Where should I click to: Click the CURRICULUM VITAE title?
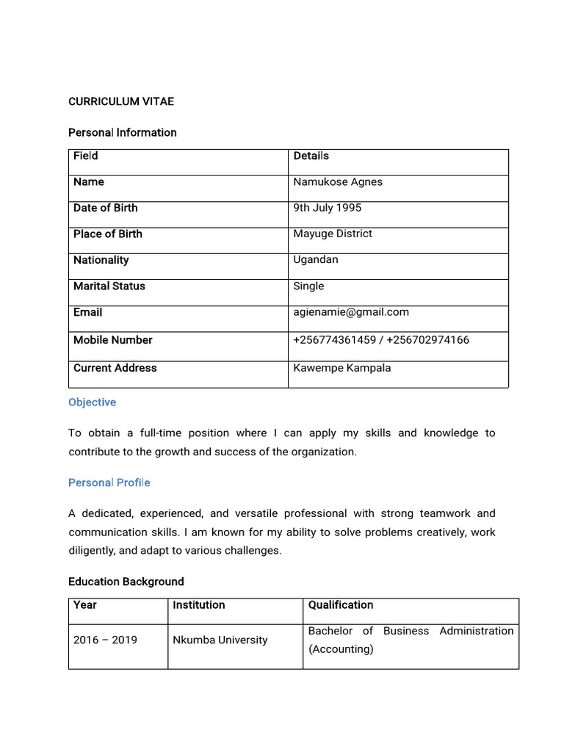point(121,101)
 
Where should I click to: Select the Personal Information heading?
point(123,132)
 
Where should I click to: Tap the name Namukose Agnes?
point(338,181)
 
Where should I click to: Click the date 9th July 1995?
point(328,208)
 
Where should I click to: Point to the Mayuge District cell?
point(333,234)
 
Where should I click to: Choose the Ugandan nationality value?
point(316,259)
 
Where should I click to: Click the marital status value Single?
point(308,286)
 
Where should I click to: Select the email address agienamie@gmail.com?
point(351,312)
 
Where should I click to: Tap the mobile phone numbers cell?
point(381,340)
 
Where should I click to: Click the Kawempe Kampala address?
point(342,368)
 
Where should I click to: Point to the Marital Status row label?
point(109,286)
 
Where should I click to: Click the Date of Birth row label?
point(106,208)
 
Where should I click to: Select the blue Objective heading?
point(93,402)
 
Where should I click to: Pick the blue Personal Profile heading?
point(109,482)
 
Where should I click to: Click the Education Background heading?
point(126,582)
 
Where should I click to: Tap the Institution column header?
point(199,605)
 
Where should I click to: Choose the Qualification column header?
point(341,605)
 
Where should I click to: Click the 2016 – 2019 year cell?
point(105,640)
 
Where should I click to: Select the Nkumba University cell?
point(220,640)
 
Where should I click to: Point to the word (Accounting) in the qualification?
point(341,649)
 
